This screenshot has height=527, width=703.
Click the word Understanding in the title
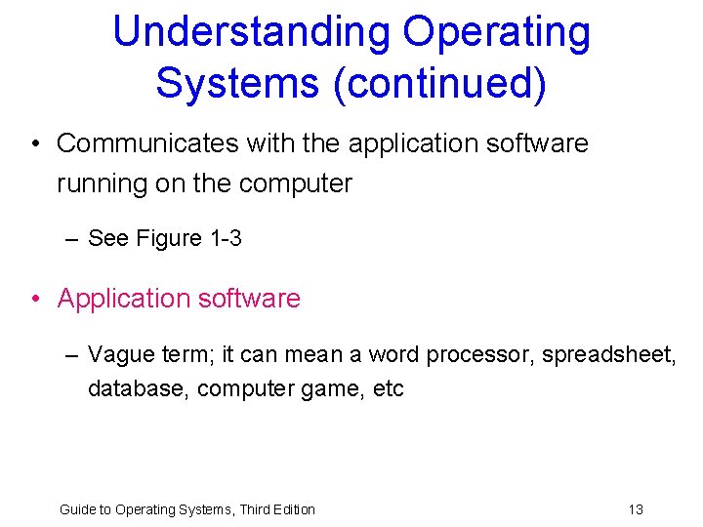click(x=251, y=32)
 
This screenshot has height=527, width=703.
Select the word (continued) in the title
click(x=439, y=83)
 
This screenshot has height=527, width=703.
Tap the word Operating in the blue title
click(x=497, y=32)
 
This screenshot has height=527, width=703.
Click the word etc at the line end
click(x=389, y=388)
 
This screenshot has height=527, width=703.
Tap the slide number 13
click(x=636, y=508)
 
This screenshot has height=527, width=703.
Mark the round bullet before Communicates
click(x=34, y=144)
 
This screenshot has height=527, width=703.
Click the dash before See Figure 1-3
click(x=72, y=238)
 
